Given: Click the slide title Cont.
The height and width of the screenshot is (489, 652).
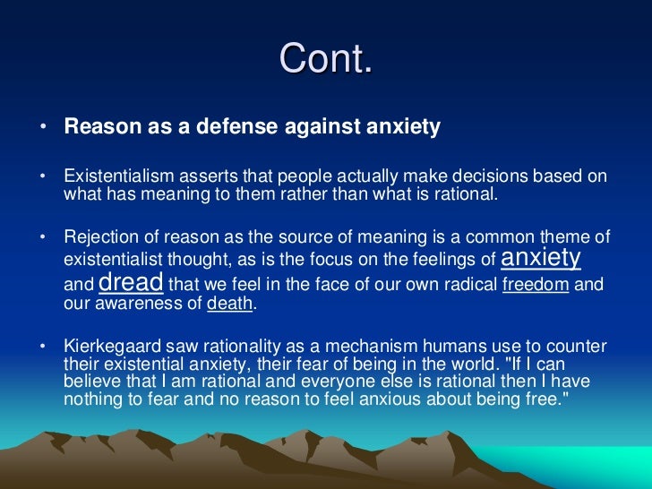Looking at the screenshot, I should pos(325,60).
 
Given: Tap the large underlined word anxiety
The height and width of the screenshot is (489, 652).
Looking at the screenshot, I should pos(541,258).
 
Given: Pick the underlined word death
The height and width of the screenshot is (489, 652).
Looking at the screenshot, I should pos(230,303).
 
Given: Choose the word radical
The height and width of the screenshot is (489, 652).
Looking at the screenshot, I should pos(466,286).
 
